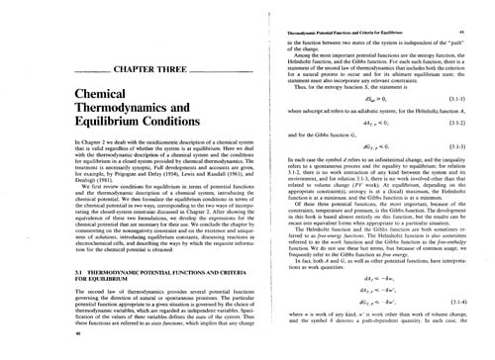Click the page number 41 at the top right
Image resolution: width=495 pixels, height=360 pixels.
point(463,5)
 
